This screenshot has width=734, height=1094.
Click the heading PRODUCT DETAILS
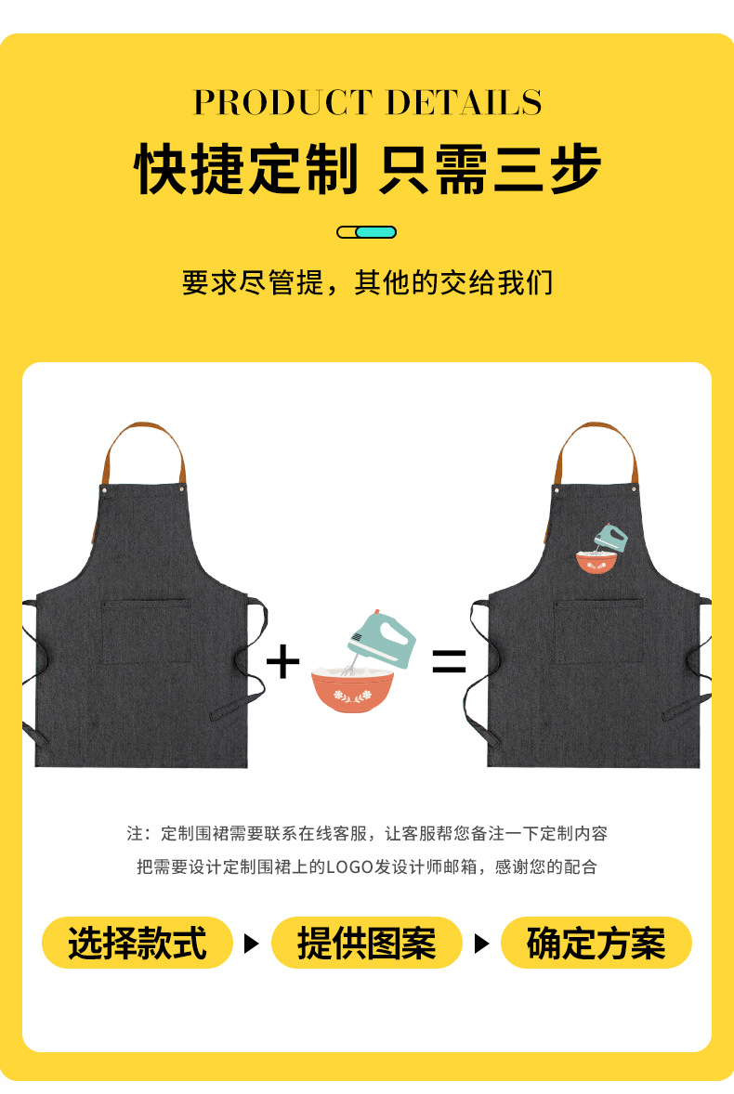[367, 102]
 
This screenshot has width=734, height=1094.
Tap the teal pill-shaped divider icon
[367, 232]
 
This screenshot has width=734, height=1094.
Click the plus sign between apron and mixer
[282, 662]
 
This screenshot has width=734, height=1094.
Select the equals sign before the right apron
[449, 662]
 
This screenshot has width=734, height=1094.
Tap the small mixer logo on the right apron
[599, 551]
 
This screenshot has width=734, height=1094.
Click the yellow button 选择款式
[137, 944]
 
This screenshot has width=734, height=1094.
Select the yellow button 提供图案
[366, 944]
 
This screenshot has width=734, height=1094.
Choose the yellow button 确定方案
[596, 944]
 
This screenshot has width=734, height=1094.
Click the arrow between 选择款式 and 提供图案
[251, 944]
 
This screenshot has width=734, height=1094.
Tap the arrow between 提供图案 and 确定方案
[481, 944]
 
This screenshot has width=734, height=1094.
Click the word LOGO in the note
[348, 867]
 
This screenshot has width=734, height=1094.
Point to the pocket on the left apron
[145, 632]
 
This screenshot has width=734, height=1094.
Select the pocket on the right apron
[598, 632]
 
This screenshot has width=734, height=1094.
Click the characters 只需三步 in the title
[490, 169]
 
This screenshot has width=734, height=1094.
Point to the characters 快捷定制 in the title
[246, 169]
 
